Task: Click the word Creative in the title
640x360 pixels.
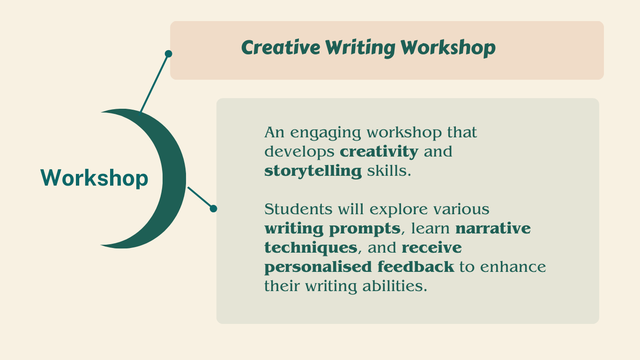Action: tap(281, 47)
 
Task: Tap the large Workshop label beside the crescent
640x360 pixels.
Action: tap(94, 178)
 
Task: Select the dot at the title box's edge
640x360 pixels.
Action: tap(168, 54)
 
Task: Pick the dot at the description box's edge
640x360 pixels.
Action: tap(213, 209)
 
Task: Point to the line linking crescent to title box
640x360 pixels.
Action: tap(154, 83)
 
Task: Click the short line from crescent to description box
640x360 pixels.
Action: tap(200, 198)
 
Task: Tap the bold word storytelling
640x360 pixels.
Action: tap(313, 171)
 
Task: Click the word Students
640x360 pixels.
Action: tap(298, 209)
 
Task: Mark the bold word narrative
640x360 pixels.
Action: tap(493, 228)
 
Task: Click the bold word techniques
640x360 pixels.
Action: tap(311, 248)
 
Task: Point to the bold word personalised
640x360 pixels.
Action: tap(318, 267)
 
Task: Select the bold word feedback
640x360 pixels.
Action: tap(416, 267)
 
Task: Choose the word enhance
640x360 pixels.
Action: tap(513, 267)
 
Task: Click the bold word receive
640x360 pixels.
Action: tap(432, 247)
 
